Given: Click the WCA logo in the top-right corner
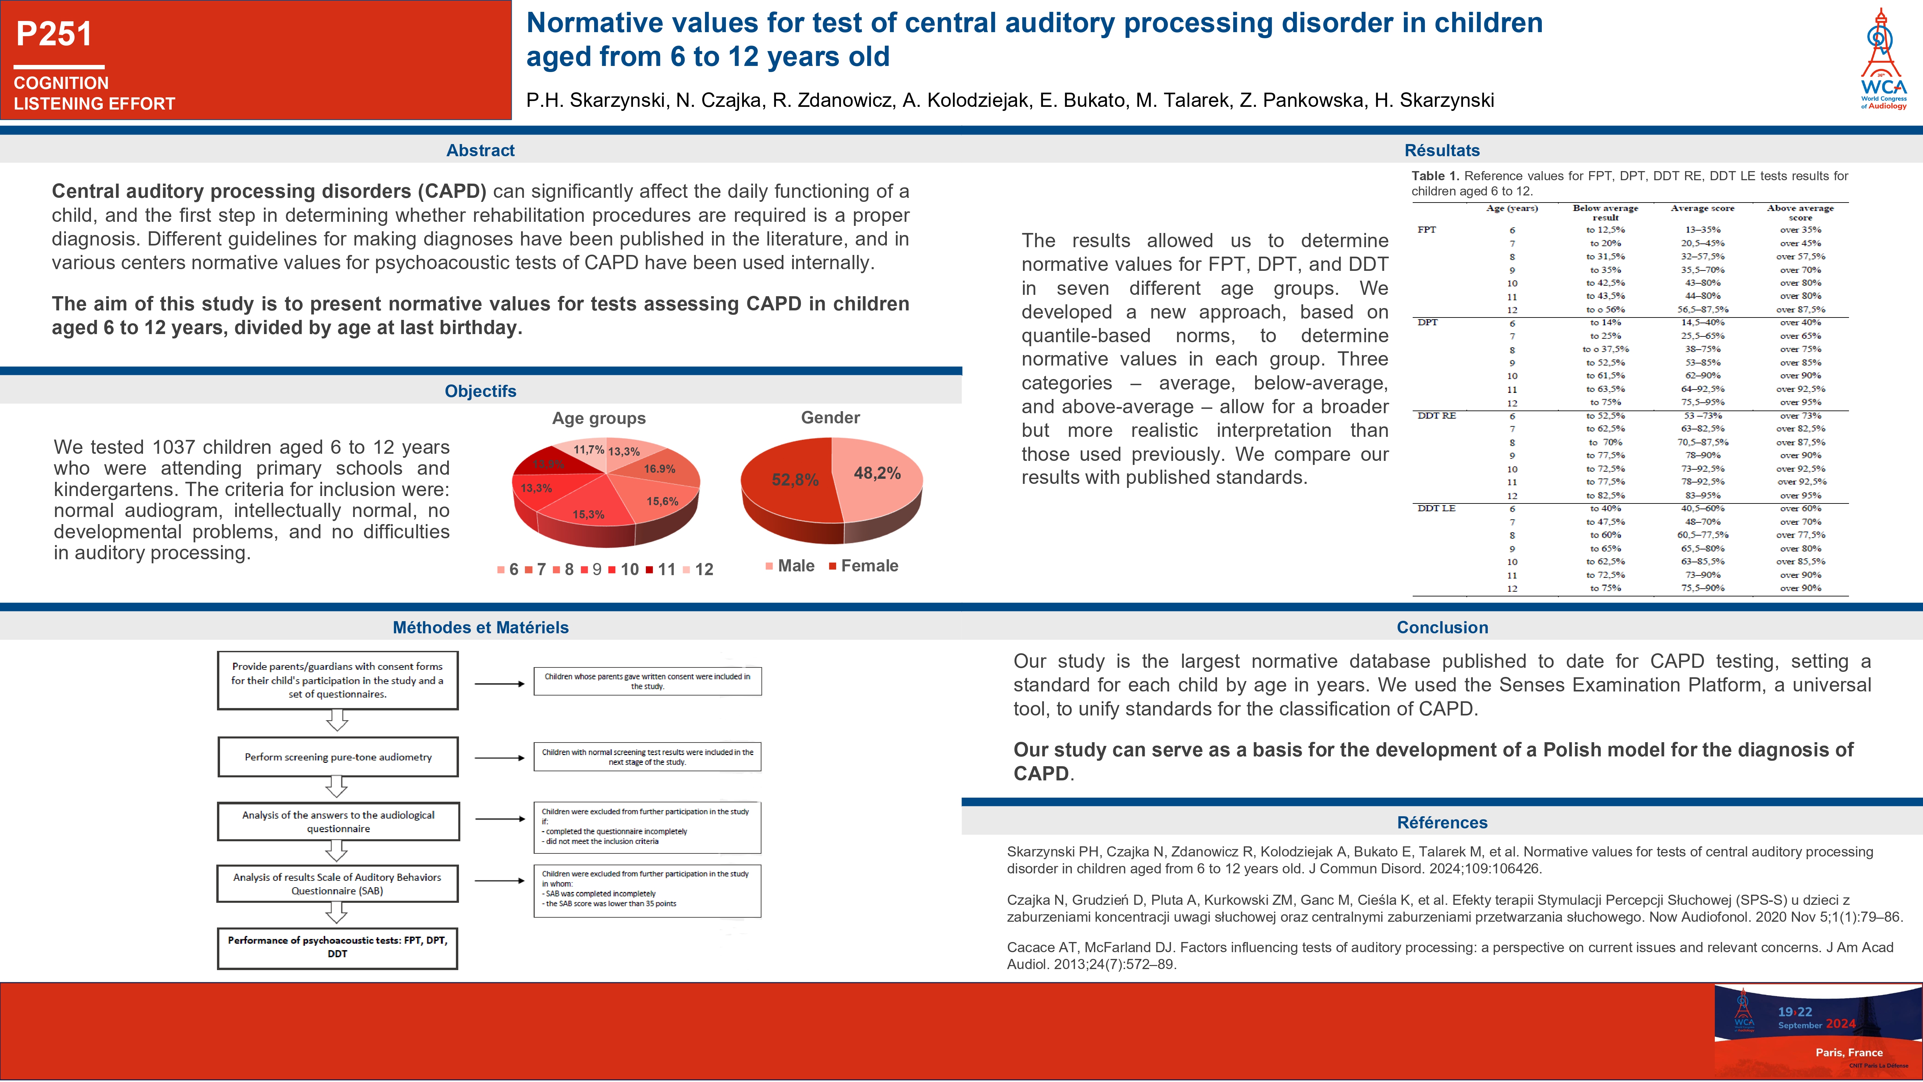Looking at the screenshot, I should [x=1883, y=60].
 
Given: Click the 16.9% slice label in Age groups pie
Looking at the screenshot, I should [x=659, y=469].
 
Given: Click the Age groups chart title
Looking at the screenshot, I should [x=599, y=418].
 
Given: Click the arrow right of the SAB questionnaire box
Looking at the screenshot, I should [x=500, y=881].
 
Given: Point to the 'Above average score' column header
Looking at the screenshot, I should [x=1800, y=212].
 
